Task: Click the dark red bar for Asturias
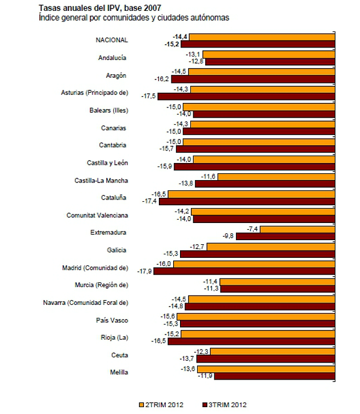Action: [x=246, y=96]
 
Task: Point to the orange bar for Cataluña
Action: [x=251, y=194]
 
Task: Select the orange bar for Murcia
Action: [x=278, y=281]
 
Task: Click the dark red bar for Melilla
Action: [x=275, y=376]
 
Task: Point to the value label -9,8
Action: [x=228, y=236]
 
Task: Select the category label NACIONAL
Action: [x=112, y=40]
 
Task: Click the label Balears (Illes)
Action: [x=108, y=110]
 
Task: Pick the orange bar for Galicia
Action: [x=271, y=246]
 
